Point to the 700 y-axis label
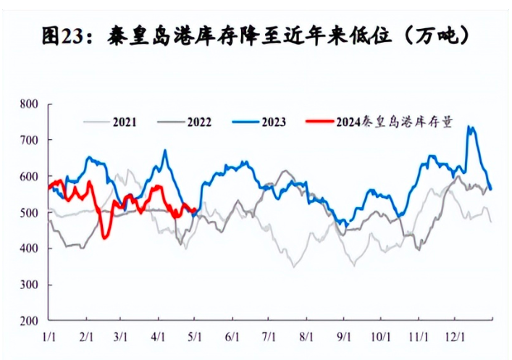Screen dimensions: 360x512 (x=28, y=140)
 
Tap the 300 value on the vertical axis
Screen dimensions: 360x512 (x=28, y=285)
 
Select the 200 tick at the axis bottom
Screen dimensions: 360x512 (x=28, y=321)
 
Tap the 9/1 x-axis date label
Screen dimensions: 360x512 (x=344, y=337)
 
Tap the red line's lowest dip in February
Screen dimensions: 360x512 (x=105, y=238)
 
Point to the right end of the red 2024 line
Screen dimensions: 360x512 (x=196, y=211)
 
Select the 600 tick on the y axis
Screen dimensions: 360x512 (x=28, y=176)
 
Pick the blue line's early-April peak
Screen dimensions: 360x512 (x=165, y=151)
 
